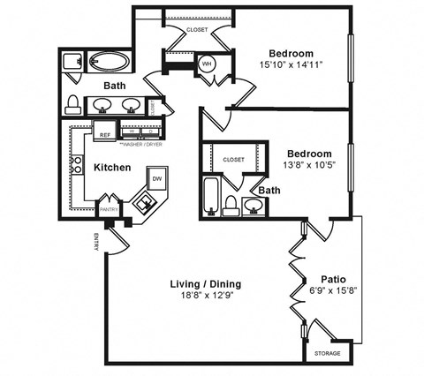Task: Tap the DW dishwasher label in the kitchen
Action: (156, 179)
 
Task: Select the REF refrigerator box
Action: (105, 135)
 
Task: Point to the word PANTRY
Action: (109, 210)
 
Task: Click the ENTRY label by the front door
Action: (96, 239)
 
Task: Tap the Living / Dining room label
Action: (205, 283)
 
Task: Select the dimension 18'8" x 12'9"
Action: (205, 296)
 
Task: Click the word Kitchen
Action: (113, 168)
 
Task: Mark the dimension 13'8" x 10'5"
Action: (306, 166)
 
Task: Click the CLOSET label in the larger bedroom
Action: (198, 30)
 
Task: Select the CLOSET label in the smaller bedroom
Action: (233, 160)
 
